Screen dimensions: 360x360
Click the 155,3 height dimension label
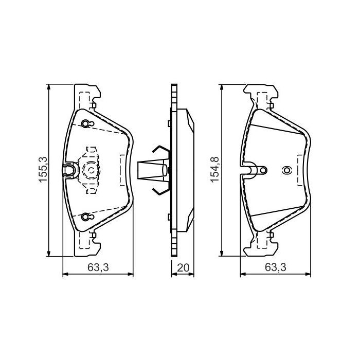pos(44,170)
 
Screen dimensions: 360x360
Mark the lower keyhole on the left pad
pos(85,217)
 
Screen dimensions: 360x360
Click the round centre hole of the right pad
pos(286,170)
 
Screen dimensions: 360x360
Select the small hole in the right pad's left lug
pos(263,169)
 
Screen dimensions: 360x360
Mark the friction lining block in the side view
pos(187,170)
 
